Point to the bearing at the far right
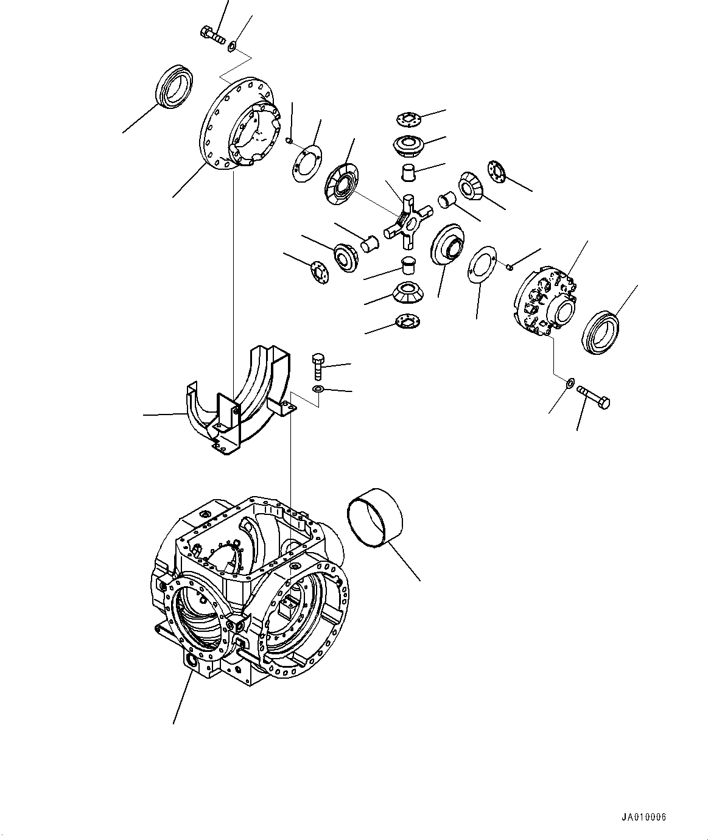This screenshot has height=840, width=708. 601,331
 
